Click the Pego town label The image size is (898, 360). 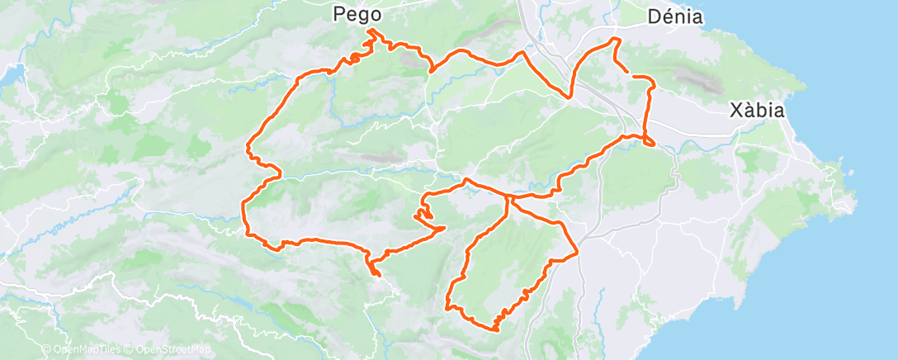coord(358,13)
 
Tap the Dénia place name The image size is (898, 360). coord(676,16)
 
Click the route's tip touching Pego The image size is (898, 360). coord(371,31)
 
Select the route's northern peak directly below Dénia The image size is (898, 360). coord(614,39)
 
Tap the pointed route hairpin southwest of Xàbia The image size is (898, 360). coord(653,145)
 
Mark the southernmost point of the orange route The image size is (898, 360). coord(496,329)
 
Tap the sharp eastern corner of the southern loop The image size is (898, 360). coord(576,249)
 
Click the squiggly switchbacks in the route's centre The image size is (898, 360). coord(424,216)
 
